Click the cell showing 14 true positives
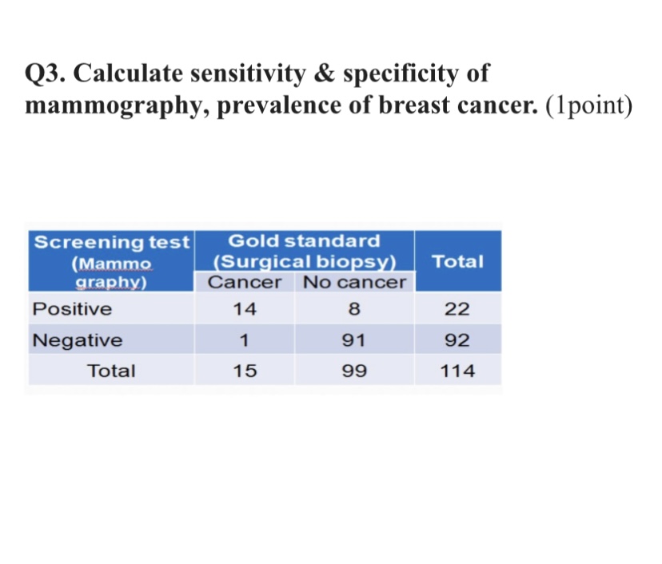click(x=245, y=309)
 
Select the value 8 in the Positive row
click(x=354, y=309)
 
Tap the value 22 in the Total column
click(x=457, y=309)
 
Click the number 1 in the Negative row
click(x=245, y=340)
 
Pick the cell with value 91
click(x=354, y=340)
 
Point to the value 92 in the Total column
click(x=457, y=340)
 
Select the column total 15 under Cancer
click(x=245, y=371)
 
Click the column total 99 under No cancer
click(x=354, y=371)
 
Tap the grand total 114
click(x=457, y=371)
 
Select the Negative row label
click(x=77, y=340)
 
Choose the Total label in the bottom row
click(x=111, y=371)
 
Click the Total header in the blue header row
click(x=457, y=261)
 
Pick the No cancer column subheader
click(x=354, y=283)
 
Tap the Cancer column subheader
click(x=245, y=283)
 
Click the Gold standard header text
click(x=304, y=240)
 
